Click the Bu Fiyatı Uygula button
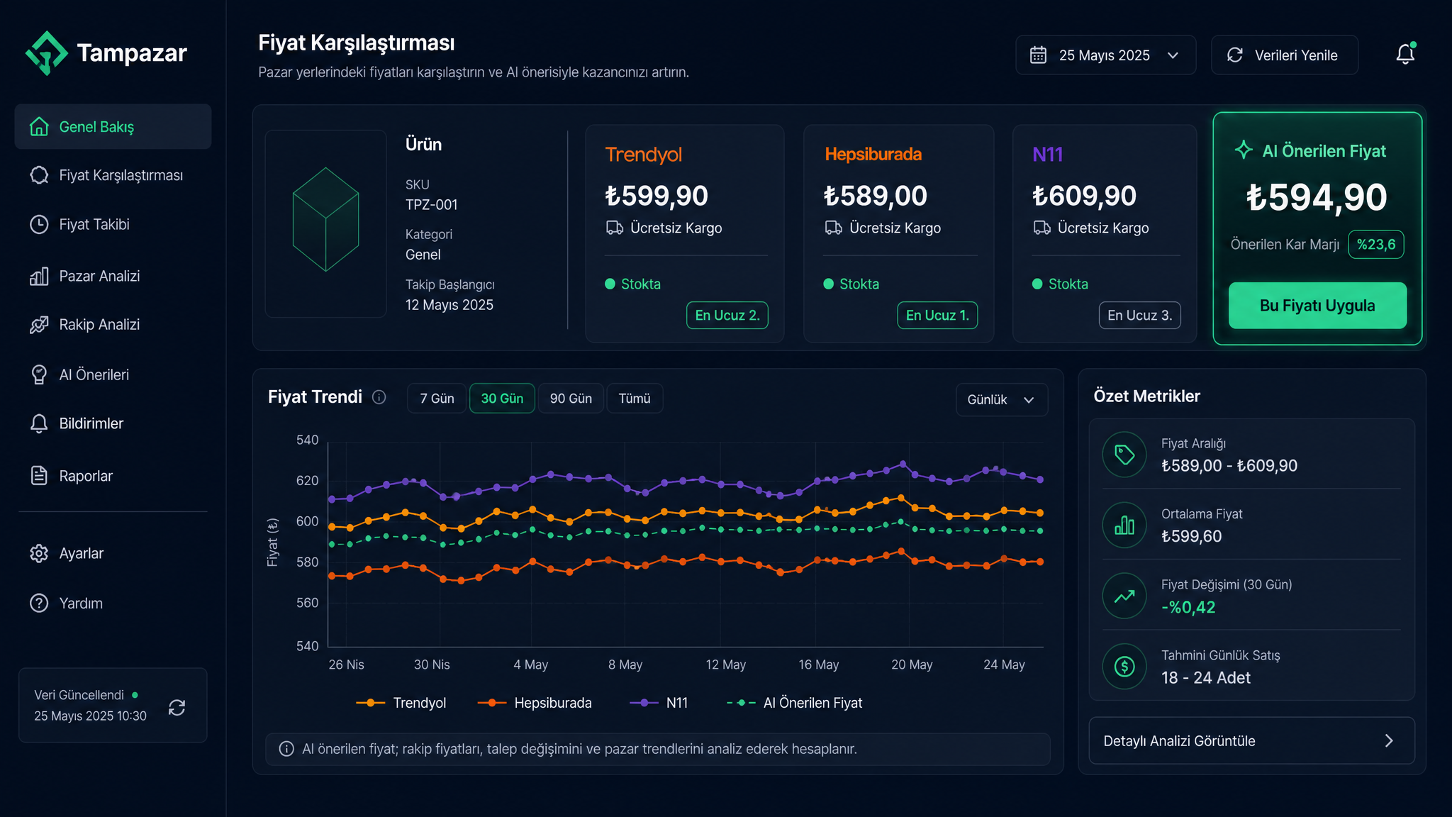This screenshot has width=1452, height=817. [1317, 306]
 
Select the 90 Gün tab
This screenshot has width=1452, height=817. [571, 399]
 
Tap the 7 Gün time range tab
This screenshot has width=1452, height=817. [437, 399]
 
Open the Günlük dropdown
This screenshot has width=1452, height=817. [1001, 400]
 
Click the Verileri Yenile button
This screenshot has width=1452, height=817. [1285, 55]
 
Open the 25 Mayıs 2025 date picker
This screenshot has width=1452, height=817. [1105, 55]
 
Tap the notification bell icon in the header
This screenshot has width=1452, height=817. [1405, 54]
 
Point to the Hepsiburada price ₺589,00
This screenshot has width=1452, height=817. [875, 196]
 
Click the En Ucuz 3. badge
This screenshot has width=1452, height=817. [1139, 316]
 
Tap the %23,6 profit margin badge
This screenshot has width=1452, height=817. [1375, 245]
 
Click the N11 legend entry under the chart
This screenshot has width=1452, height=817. [659, 703]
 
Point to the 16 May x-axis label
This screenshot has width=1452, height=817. [818, 665]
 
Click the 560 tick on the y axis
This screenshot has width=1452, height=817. [307, 603]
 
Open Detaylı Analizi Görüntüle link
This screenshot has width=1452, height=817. [1251, 740]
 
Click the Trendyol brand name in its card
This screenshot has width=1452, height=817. [643, 155]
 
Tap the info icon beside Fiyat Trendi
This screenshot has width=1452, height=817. [379, 397]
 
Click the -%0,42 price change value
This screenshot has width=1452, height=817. [1188, 607]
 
